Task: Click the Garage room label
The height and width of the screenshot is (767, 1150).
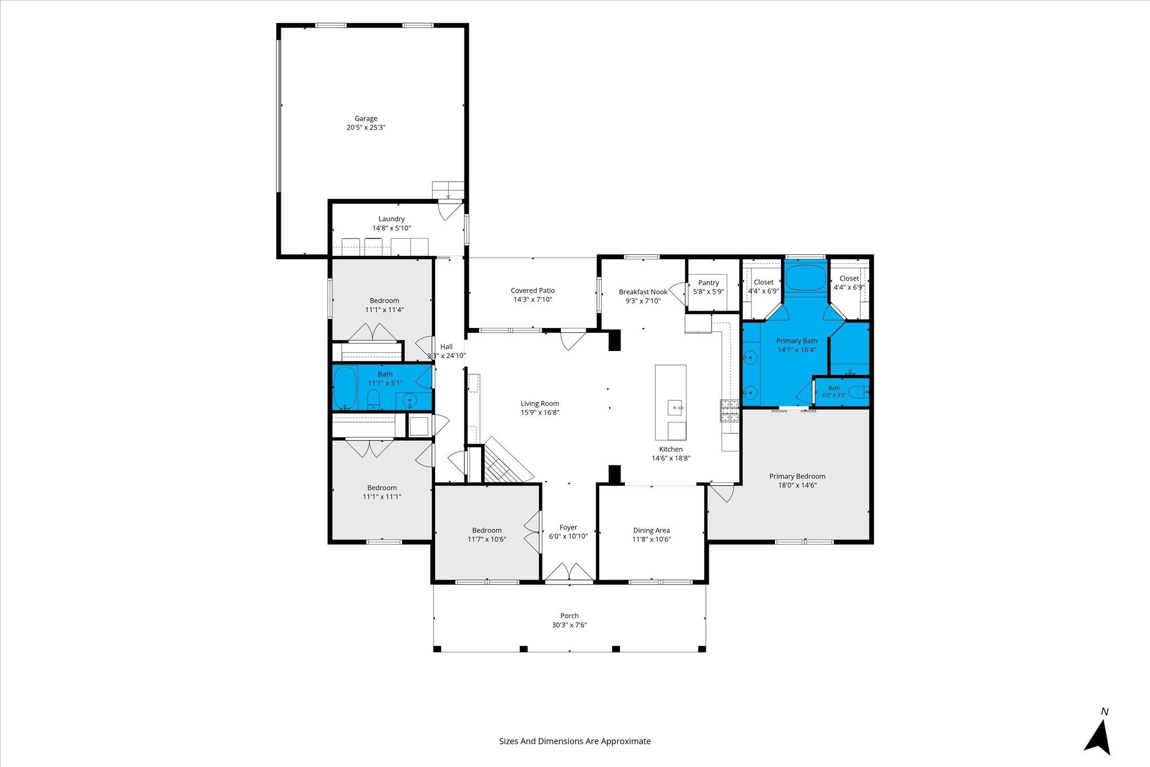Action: (366, 118)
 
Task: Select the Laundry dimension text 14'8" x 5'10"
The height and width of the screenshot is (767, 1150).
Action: (391, 228)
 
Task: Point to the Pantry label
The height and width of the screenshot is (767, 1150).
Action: (709, 282)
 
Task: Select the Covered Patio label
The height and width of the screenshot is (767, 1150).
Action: (533, 290)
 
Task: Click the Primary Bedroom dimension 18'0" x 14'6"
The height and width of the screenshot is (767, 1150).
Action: (797, 485)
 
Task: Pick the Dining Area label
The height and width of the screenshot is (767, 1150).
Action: (651, 530)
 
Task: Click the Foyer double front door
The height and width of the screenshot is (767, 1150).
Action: (569, 573)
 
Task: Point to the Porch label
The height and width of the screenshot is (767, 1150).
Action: (569, 615)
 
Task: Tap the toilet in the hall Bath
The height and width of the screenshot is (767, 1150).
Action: (373, 399)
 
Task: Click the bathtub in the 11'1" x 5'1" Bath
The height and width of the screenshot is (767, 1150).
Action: (345, 388)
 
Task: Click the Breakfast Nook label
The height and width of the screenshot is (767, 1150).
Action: (643, 291)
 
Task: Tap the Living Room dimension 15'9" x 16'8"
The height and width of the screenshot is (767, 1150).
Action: (540, 412)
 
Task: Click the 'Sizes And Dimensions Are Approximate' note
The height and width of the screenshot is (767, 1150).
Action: (575, 741)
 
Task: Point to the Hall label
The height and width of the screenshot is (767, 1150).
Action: (446, 346)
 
